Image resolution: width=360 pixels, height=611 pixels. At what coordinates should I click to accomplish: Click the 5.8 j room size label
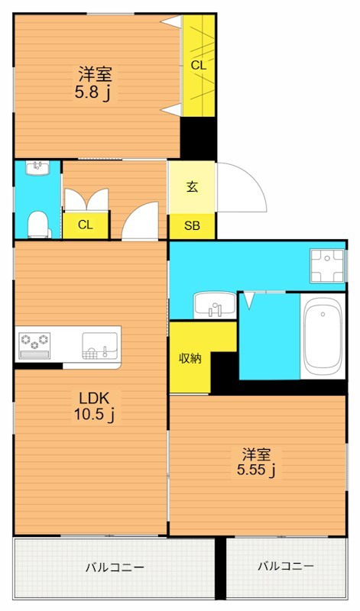[x=94, y=93]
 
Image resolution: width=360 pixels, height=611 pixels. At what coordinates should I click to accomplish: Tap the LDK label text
[x=93, y=398]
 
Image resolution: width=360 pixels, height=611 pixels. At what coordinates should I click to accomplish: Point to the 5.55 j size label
[x=256, y=470]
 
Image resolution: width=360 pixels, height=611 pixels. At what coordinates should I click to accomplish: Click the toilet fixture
[x=39, y=225]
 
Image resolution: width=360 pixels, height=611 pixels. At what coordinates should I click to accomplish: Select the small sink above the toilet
[x=37, y=168]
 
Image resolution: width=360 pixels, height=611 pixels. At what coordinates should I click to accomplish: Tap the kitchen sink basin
[x=100, y=346]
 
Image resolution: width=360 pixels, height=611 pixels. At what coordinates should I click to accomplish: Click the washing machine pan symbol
[x=327, y=265]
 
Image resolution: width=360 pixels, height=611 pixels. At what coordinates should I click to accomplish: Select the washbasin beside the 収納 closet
[x=215, y=305]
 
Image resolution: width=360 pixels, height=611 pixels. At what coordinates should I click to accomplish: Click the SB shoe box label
[x=192, y=225]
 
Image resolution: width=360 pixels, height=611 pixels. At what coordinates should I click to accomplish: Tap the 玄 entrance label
[x=192, y=187]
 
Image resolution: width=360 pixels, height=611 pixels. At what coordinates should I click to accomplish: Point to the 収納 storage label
[x=190, y=358]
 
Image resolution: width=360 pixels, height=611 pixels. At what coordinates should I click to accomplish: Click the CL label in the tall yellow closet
[x=199, y=66]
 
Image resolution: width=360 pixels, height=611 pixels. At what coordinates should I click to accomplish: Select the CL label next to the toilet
[x=86, y=225]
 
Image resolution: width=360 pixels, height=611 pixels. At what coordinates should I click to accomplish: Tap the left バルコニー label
[x=115, y=567]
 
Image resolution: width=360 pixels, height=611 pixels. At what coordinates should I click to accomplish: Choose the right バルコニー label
[x=286, y=566]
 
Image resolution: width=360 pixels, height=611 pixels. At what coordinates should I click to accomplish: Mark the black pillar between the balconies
[x=220, y=568]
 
